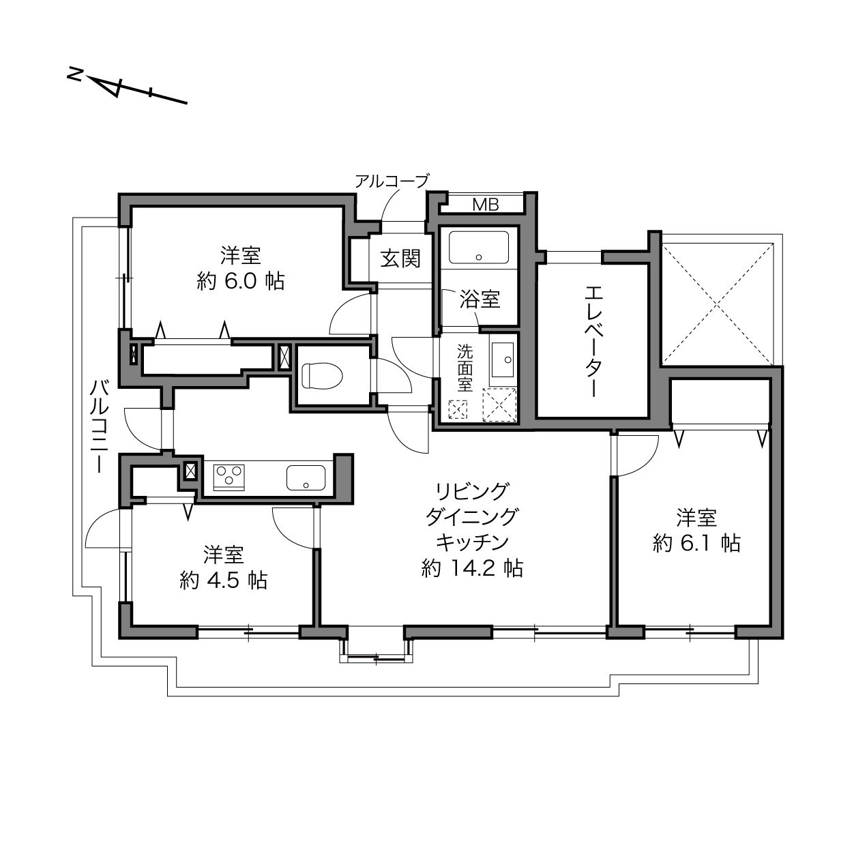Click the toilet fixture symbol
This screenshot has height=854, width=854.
tap(322, 376)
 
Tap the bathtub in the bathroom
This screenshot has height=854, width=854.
tap(479, 248)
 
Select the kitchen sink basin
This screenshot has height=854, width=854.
tap(306, 477)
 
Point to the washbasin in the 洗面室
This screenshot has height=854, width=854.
tap(503, 360)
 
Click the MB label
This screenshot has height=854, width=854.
tap(486, 205)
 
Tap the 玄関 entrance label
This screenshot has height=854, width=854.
tap(400, 259)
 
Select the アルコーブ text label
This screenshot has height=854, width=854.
tap(392, 181)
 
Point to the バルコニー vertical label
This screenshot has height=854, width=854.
tap(100, 426)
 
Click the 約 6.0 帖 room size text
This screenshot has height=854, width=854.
tap(241, 281)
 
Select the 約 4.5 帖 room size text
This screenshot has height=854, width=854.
tap(223, 580)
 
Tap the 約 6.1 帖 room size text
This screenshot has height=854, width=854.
tap(696, 543)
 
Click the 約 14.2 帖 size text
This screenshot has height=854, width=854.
tap(472, 568)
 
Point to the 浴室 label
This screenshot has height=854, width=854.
tap(480, 299)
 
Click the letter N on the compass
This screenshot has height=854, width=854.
tap(75, 74)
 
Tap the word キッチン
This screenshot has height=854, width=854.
tap(473, 542)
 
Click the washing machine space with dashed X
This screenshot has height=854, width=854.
tap(499, 404)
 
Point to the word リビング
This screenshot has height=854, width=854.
tap(471, 490)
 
